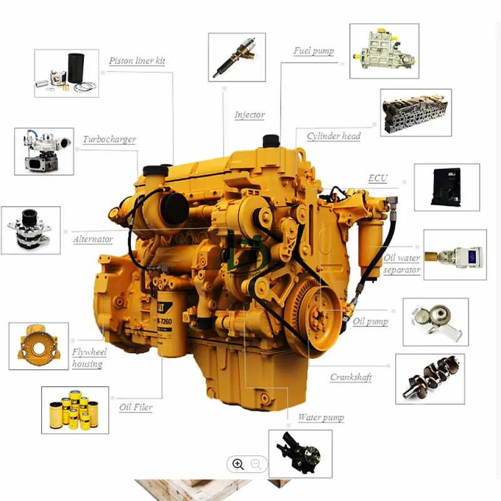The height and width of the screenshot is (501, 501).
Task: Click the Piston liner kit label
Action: pyautogui.click(x=137, y=61)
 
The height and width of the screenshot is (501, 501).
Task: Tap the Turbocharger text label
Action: pyautogui.click(x=109, y=139)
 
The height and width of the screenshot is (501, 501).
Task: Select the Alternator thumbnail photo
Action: pyautogui.click(x=31, y=230)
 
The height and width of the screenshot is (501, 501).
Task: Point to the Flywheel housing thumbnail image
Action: pyautogui.click(x=38, y=346)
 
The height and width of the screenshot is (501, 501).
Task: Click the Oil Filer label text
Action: pyautogui.click(x=136, y=407)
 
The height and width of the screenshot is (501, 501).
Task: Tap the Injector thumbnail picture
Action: pyautogui.click(x=237, y=57)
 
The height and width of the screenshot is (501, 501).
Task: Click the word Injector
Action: pyautogui.click(x=249, y=115)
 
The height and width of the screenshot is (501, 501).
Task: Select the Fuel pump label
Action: pyautogui.click(x=314, y=51)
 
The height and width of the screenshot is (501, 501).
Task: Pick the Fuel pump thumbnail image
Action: pyautogui.click(x=383, y=51)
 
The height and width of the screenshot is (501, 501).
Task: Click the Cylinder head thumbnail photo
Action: pyautogui.click(x=416, y=113)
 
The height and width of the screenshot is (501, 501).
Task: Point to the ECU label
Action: pyautogui.click(x=378, y=178)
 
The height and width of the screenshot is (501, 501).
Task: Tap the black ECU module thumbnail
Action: pyautogui.click(x=447, y=187)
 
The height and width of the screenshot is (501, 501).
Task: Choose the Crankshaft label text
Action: pyautogui.click(x=351, y=377)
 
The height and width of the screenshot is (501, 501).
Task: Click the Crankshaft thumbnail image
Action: pyautogui.click(x=430, y=378)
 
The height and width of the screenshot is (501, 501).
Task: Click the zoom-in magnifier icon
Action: pyautogui.click(x=238, y=464)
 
